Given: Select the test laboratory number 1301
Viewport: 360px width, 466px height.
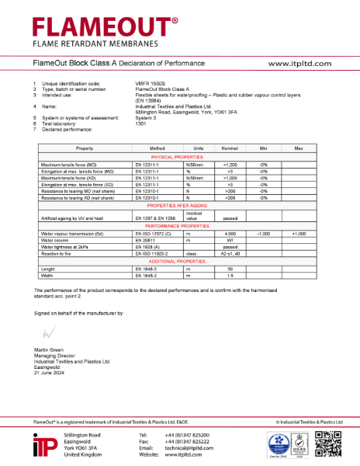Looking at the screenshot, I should click(140, 123).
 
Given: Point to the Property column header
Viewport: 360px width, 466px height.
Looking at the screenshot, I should click(84, 148).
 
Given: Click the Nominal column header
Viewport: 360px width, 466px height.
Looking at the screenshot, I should click(229, 148).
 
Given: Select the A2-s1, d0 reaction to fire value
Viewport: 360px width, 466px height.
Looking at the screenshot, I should click(230, 254).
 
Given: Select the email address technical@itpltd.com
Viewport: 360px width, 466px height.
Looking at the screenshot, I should click(192, 448).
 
